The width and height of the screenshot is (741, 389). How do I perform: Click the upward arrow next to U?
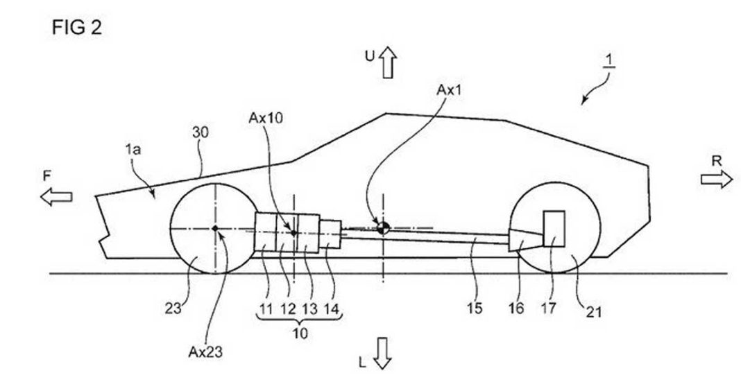(x=386, y=62)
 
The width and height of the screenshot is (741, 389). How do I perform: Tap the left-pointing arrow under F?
(x=56, y=197)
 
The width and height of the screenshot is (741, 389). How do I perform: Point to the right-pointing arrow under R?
(x=716, y=180)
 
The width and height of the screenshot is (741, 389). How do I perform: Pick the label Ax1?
(x=448, y=90)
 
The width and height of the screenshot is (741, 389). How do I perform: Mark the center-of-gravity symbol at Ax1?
(x=382, y=227)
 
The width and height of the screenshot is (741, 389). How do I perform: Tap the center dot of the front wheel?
(x=216, y=227)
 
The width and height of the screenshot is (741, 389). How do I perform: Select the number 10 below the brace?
(x=299, y=333)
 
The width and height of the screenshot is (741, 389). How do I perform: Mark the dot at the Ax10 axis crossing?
(x=294, y=233)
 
